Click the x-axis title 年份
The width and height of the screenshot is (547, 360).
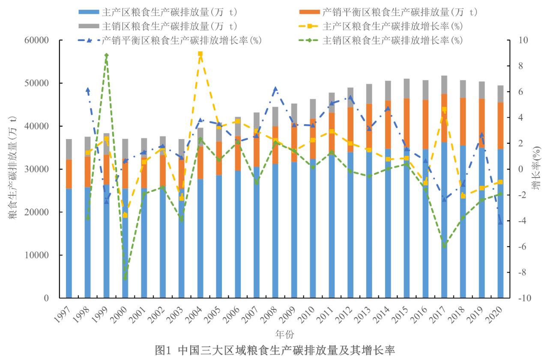284,333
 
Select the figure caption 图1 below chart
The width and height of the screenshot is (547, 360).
274,350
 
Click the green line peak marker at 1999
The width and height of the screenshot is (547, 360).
106,56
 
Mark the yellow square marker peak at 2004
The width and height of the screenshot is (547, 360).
200,54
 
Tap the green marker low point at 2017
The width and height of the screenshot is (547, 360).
444,246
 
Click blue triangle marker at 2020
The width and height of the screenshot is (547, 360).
500,222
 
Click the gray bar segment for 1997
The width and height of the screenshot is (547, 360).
69,149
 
